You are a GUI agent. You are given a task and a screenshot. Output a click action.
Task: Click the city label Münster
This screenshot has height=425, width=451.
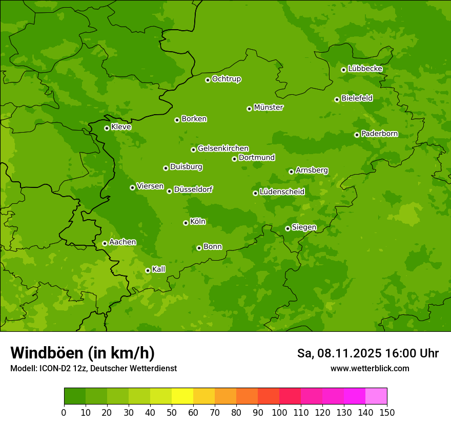(x=269, y=108)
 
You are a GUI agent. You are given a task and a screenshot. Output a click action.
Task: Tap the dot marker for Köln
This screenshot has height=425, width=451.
(x=186, y=223)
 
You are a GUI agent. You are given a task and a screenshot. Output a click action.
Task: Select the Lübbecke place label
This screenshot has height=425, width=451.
(x=365, y=69)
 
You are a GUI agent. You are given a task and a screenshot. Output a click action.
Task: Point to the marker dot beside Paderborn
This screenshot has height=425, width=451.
(x=357, y=135)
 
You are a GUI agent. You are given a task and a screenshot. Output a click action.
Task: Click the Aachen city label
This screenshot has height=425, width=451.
(x=122, y=242)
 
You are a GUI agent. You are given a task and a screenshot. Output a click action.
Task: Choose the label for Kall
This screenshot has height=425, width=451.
(x=159, y=269)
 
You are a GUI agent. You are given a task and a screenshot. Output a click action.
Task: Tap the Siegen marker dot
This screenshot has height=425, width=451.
(x=288, y=228)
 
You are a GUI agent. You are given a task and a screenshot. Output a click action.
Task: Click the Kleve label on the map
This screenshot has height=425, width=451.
(x=121, y=127)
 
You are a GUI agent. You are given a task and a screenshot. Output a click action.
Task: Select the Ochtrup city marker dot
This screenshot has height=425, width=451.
(x=208, y=80)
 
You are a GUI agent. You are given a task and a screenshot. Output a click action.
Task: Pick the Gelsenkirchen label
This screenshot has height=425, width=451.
(x=223, y=148)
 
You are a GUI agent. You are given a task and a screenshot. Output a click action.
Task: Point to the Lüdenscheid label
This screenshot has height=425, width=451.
(x=282, y=192)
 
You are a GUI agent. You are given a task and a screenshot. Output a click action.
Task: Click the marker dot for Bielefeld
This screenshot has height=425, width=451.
(x=337, y=99)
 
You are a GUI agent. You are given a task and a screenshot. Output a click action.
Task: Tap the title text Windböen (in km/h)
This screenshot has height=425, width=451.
(x=83, y=353)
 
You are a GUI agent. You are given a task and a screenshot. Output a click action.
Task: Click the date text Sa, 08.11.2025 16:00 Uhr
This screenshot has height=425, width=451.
(x=367, y=353)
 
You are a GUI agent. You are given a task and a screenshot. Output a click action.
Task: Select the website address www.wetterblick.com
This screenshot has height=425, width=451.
(x=370, y=368)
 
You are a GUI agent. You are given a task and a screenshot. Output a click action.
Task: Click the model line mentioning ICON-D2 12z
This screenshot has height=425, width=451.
(x=93, y=368)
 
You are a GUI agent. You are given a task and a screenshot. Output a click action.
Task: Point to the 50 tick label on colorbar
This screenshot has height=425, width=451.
(x=172, y=412)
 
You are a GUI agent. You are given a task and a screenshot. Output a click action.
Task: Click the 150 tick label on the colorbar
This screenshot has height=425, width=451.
(x=387, y=412)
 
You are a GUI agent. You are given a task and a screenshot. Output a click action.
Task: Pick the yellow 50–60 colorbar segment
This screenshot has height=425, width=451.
(x=182, y=396)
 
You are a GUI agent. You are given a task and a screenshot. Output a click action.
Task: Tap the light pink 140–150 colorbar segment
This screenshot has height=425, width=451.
(x=376, y=396)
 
